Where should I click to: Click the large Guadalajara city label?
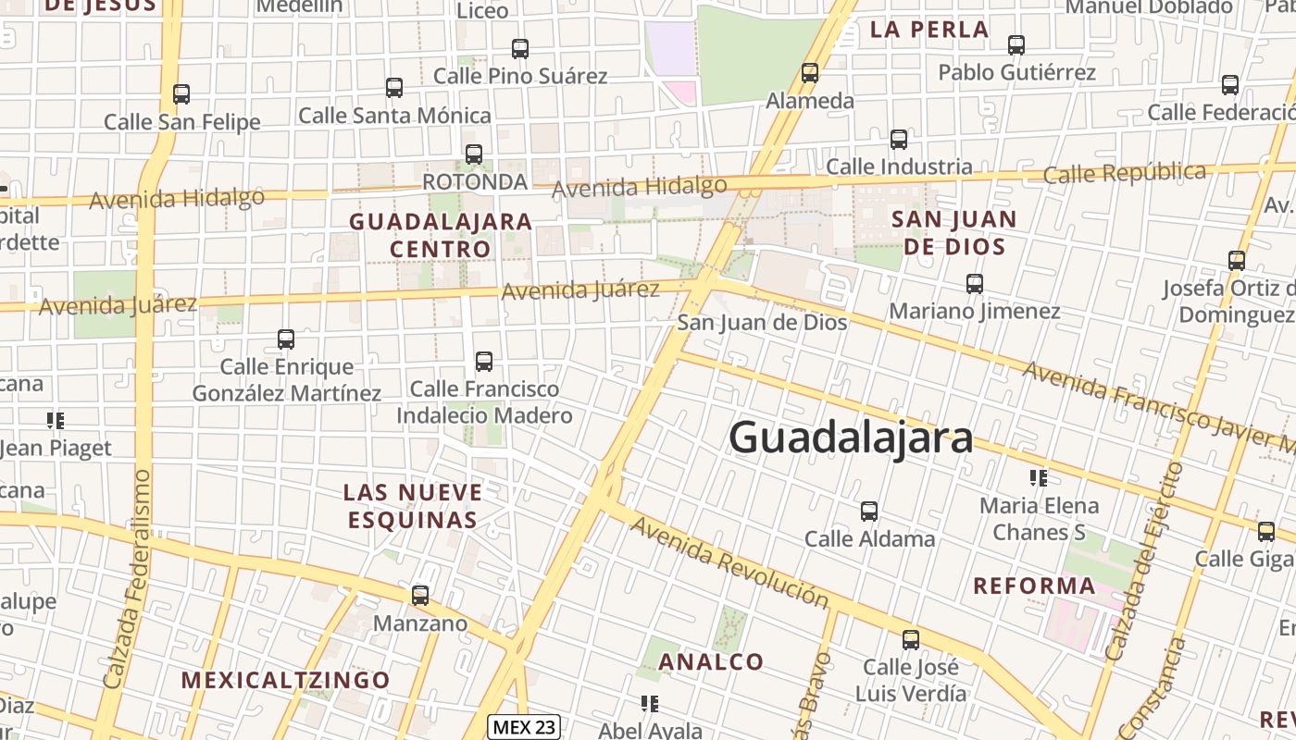point(851,438)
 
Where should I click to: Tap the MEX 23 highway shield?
point(524,727)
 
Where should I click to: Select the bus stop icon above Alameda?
point(810,73)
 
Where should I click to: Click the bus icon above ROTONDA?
point(474,154)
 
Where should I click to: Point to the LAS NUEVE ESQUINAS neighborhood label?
point(413,505)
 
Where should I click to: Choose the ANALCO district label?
point(711,661)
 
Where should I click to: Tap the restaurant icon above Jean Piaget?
point(56,422)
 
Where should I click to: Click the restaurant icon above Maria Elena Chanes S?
point(1039,478)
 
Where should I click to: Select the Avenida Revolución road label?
point(729,562)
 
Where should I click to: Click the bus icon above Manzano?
point(420,596)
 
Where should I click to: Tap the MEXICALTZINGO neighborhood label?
point(286,681)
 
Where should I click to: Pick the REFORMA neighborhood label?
point(1034,586)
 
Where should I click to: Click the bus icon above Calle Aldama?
point(869,512)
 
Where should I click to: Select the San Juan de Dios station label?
point(762,323)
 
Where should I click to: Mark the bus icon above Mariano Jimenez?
point(975,284)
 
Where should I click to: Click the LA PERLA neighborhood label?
point(929,30)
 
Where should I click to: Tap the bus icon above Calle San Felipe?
point(181,94)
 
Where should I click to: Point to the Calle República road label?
point(1125,173)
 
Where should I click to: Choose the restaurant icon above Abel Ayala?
point(650,704)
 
